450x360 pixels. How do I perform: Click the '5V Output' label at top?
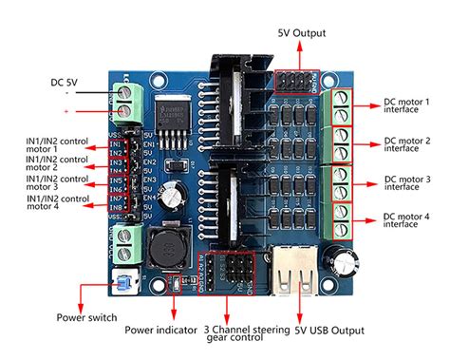pyautogui.click(x=302, y=32)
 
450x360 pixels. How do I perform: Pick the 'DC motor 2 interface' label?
pyautogui.click(x=406, y=144)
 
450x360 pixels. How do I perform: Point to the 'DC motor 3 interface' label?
pyautogui.click(x=406, y=183)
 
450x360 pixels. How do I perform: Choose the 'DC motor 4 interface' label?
pyautogui.click(x=406, y=220)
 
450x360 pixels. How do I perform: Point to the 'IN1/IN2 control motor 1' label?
pyautogui.click(x=55, y=144)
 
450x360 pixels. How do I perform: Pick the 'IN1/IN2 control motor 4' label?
pyautogui.click(x=55, y=203)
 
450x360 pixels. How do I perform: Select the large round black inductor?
pyautogui.click(x=164, y=246)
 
